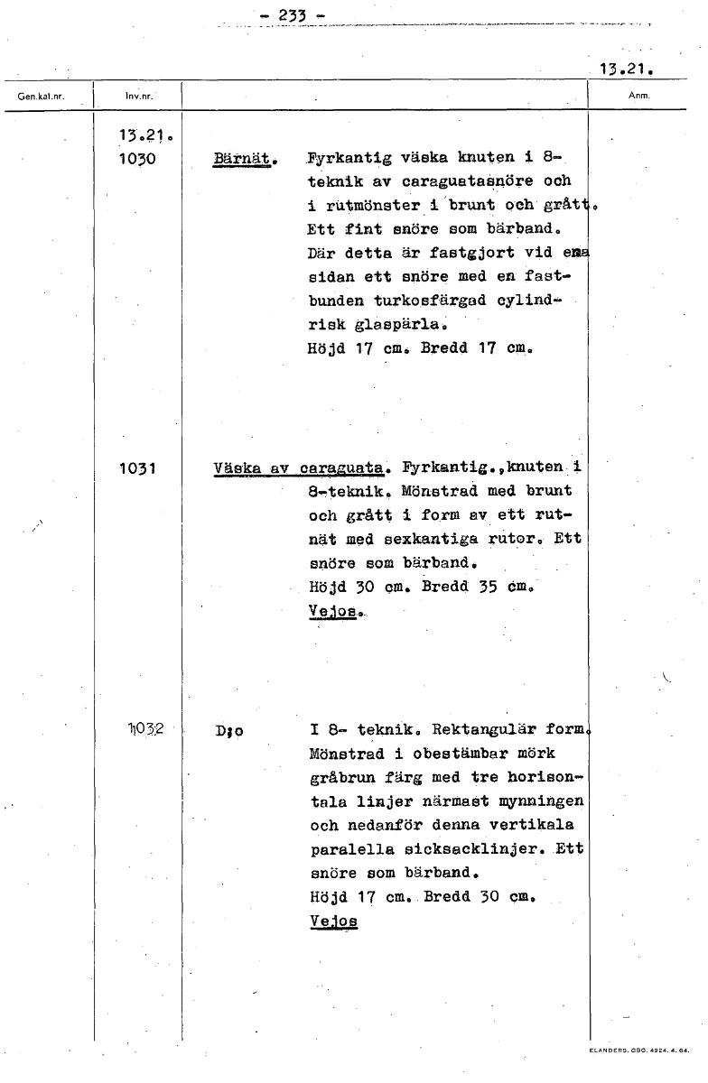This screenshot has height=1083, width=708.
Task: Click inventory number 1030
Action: tap(136, 159)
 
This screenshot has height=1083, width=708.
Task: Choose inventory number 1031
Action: tap(136, 468)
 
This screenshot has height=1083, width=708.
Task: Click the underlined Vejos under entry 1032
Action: tap(333, 921)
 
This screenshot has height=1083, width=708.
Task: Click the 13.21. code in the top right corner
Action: tap(626, 69)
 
